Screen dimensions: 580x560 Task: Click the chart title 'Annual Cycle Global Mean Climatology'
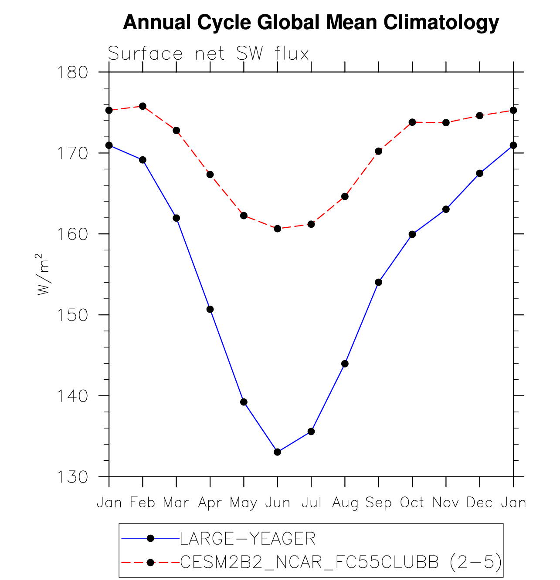point(311,22)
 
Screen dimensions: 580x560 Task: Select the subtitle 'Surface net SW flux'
point(208,54)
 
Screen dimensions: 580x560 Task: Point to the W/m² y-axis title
point(43,274)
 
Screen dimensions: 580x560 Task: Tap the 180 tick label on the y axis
point(72,72)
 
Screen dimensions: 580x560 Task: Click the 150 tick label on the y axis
point(72,315)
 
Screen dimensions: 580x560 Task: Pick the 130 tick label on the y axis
point(72,477)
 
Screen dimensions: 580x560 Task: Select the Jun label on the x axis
point(278,503)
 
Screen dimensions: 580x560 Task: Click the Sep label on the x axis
point(378,503)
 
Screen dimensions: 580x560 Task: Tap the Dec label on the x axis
point(479,503)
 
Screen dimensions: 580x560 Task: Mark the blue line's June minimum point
point(278,452)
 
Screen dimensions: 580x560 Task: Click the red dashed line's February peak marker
point(143,106)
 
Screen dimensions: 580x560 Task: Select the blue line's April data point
point(210,309)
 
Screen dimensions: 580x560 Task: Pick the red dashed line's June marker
point(278,229)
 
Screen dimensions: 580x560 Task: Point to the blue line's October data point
point(412,234)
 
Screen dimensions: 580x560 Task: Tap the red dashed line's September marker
point(378,151)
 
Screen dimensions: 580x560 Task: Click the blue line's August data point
point(345,364)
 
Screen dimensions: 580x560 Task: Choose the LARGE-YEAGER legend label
point(248,539)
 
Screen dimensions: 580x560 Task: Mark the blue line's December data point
point(479,173)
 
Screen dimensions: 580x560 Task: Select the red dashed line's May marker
point(244,216)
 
